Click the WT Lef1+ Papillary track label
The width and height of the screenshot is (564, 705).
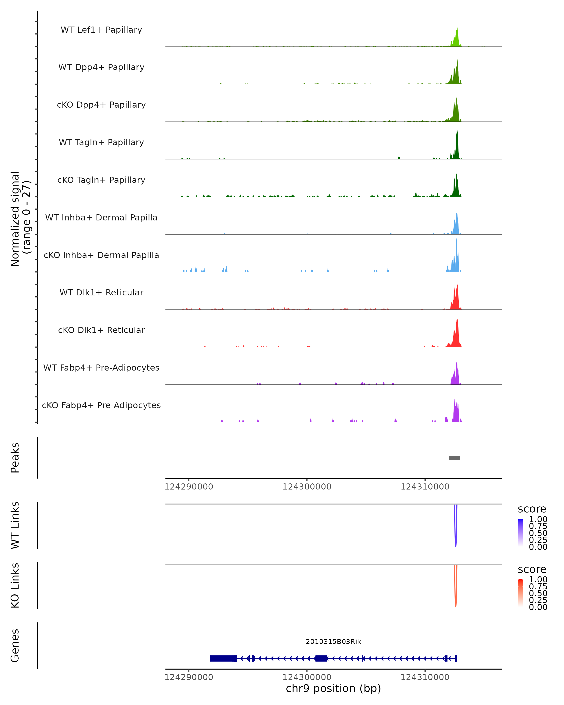[x=101, y=30]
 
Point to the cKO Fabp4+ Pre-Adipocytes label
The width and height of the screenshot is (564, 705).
[x=101, y=405]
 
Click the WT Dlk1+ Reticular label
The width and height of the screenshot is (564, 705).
[x=101, y=292]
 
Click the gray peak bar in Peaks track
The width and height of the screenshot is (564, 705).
[x=454, y=458]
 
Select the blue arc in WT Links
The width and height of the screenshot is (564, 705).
[x=455, y=536]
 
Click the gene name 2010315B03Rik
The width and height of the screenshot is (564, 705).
[x=333, y=642]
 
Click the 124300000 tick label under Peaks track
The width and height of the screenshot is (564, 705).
[x=307, y=487]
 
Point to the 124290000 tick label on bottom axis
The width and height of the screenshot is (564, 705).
[x=189, y=677]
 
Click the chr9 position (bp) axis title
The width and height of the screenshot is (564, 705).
[x=333, y=689]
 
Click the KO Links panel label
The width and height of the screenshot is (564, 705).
[x=15, y=585]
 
